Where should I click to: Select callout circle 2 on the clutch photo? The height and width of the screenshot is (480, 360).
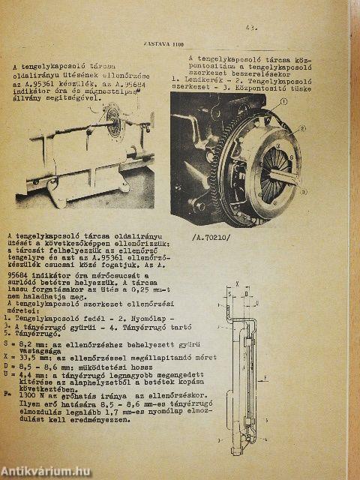click(303, 127)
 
